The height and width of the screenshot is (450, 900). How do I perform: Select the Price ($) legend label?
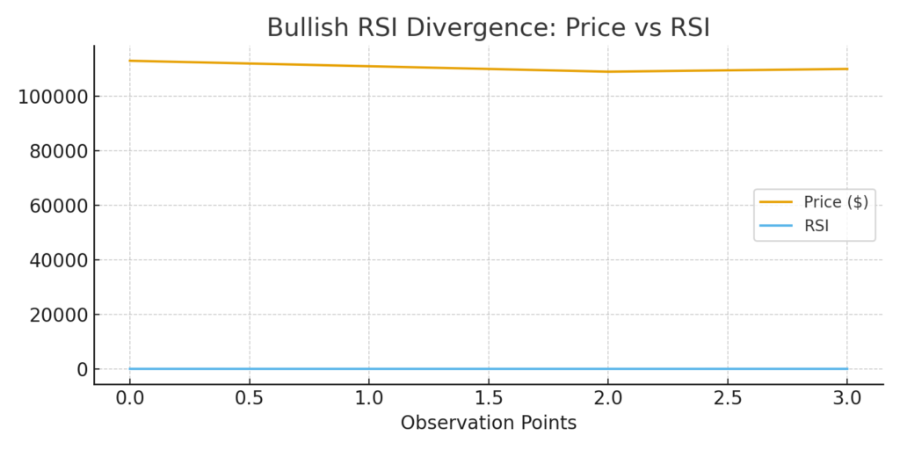click(836, 202)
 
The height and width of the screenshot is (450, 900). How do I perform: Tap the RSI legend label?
click(817, 226)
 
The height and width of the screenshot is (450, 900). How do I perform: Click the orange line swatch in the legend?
click(776, 202)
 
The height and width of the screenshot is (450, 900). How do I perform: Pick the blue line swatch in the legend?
click(776, 226)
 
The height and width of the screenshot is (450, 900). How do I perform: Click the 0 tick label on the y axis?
click(82, 369)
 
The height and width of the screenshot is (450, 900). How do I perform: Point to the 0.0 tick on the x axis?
click(130, 398)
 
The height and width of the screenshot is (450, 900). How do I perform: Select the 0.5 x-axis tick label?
click(250, 398)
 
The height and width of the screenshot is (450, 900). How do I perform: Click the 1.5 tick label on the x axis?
click(489, 398)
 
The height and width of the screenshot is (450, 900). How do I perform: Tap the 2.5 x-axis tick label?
click(728, 398)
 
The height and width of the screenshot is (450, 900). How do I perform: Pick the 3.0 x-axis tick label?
click(847, 398)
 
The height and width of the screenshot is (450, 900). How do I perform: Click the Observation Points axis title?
click(489, 423)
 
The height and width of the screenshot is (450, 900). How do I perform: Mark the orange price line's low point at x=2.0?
click(608, 71)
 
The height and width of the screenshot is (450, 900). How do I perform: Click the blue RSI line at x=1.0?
click(369, 369)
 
